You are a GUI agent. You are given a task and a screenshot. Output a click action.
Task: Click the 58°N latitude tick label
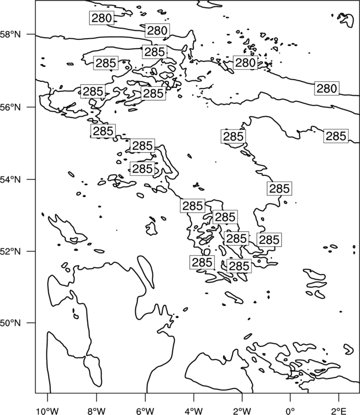coord(11,34)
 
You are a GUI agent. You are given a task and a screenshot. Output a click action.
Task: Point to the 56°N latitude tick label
coord(11,107)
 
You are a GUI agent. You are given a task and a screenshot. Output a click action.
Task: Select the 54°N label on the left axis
coord(11,179)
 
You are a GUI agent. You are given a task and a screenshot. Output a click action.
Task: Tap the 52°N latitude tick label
coord(11,251)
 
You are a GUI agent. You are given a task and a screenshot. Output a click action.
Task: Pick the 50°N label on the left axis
coord(11,323)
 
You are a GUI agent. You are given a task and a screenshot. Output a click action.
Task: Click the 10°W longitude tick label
coord(48,411)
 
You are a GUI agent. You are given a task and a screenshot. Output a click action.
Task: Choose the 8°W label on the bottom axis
coord(96,411)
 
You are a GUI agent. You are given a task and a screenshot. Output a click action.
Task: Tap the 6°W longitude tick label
coord(145,411)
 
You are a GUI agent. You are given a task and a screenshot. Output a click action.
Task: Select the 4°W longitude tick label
coord(194,411)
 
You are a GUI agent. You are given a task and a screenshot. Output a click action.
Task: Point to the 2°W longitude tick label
coord(242,411)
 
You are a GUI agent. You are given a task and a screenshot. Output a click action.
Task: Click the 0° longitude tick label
coord(290,411)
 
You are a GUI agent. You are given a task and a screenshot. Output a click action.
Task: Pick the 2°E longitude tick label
coord(339,411)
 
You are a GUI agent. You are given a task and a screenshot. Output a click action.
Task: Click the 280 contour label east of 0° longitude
coord(327,89)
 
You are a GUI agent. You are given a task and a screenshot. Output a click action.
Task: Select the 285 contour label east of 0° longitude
coord(336,136)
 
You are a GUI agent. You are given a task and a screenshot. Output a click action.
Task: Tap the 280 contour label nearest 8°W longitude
coord(101,18)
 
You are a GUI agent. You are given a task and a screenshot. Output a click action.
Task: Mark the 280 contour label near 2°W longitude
coord(245,63)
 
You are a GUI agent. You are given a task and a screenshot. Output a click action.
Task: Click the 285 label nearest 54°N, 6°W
coord(142,169)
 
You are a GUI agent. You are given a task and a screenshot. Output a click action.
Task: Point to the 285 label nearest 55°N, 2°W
coord(233,137)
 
